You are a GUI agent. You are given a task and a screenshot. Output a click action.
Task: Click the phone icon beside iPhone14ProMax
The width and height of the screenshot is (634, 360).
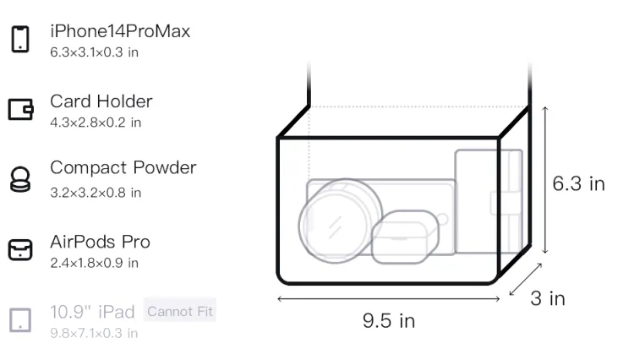(20, 39)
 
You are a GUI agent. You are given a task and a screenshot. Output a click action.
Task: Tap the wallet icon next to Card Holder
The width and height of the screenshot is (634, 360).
(20, 110)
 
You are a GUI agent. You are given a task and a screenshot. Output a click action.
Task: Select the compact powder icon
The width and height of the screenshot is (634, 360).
(20, 179)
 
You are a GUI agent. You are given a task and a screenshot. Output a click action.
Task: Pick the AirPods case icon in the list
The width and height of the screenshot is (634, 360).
(20, 249)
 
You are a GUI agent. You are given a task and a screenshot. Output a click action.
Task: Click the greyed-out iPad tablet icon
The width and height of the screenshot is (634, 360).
(20, 320)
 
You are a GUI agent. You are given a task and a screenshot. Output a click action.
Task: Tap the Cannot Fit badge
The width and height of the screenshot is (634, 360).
(180, 311)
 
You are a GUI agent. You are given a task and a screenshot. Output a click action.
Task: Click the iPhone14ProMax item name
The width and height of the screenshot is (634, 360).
(120, 31)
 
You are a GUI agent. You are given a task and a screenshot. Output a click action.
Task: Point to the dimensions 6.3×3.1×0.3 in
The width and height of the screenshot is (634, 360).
(94, 52)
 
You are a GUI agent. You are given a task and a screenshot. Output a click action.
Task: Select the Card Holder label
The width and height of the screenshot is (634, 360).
(101, 101)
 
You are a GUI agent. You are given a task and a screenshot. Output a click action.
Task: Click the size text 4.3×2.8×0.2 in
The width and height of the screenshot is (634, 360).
(96, 123)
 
